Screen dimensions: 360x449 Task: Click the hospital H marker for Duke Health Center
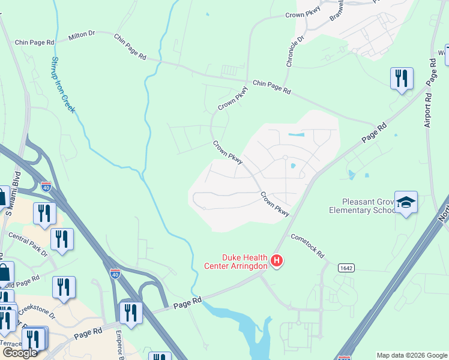point(277,260)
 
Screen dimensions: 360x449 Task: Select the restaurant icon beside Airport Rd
point(401,79)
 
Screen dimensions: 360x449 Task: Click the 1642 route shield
point(345,266)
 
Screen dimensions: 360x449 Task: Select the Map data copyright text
point(411,355)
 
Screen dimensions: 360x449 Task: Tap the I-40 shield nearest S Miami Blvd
point(46,187)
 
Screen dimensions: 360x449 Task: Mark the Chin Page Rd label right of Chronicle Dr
point(271,87)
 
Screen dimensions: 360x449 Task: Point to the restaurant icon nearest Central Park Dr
point(62,238)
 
